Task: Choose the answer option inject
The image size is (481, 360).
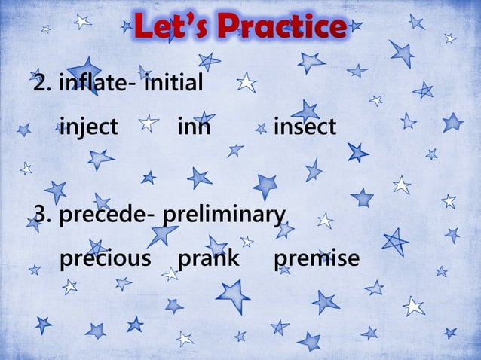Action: pos(88,128)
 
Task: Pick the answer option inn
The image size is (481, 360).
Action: pos(194,128)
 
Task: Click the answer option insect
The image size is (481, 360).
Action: pos(305,128)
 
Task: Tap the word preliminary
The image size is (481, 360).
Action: pos(224,216)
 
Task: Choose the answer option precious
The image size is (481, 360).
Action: pos(105,259)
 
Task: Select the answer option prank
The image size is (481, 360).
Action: pos(207,259)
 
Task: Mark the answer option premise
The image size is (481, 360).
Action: pos(317,259)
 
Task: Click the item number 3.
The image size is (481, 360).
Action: pos(42,215)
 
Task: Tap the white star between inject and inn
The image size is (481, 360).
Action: pos(149,122)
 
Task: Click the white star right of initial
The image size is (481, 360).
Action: pos(247,82)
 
